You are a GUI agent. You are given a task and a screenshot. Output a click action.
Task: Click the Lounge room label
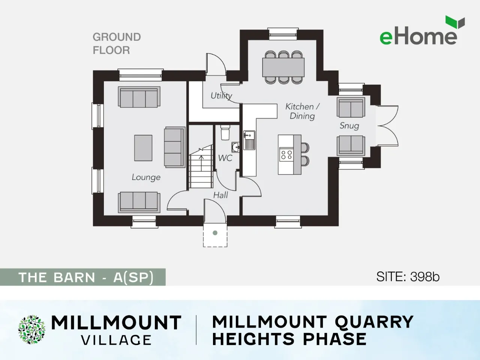(146, 177)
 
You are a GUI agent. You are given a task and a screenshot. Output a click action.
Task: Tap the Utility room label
(221, 96)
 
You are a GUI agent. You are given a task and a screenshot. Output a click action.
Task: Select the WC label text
(225, 158)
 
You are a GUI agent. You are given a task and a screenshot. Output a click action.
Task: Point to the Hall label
(220, 195)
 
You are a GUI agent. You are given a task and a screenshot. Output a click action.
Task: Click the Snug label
(349, 126)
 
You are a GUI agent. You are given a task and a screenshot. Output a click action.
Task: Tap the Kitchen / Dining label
(302, 111)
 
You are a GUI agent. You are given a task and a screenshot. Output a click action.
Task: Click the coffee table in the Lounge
(143, 148)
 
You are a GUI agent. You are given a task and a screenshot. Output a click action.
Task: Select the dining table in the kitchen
(283, 67)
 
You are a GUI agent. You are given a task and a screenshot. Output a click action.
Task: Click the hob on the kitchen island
(286, 154)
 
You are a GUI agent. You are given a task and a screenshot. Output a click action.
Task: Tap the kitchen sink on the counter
(249, 140)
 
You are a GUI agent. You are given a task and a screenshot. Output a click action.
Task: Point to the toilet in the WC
(225, 132)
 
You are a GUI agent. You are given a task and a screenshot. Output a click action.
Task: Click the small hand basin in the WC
(235, 147)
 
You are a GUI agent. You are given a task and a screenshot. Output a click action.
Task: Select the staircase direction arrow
(201, 163)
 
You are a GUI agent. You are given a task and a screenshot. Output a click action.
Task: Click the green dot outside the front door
(215, 233)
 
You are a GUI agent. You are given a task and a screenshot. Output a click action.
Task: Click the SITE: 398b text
(408, 277)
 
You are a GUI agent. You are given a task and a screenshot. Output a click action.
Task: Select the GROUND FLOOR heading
(117, 43)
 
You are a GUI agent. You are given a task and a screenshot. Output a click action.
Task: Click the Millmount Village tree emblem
(32, 330)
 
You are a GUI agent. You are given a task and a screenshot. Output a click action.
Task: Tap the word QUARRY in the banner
(374, 322)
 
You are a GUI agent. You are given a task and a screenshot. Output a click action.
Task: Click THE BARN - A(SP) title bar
(82, 277)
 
